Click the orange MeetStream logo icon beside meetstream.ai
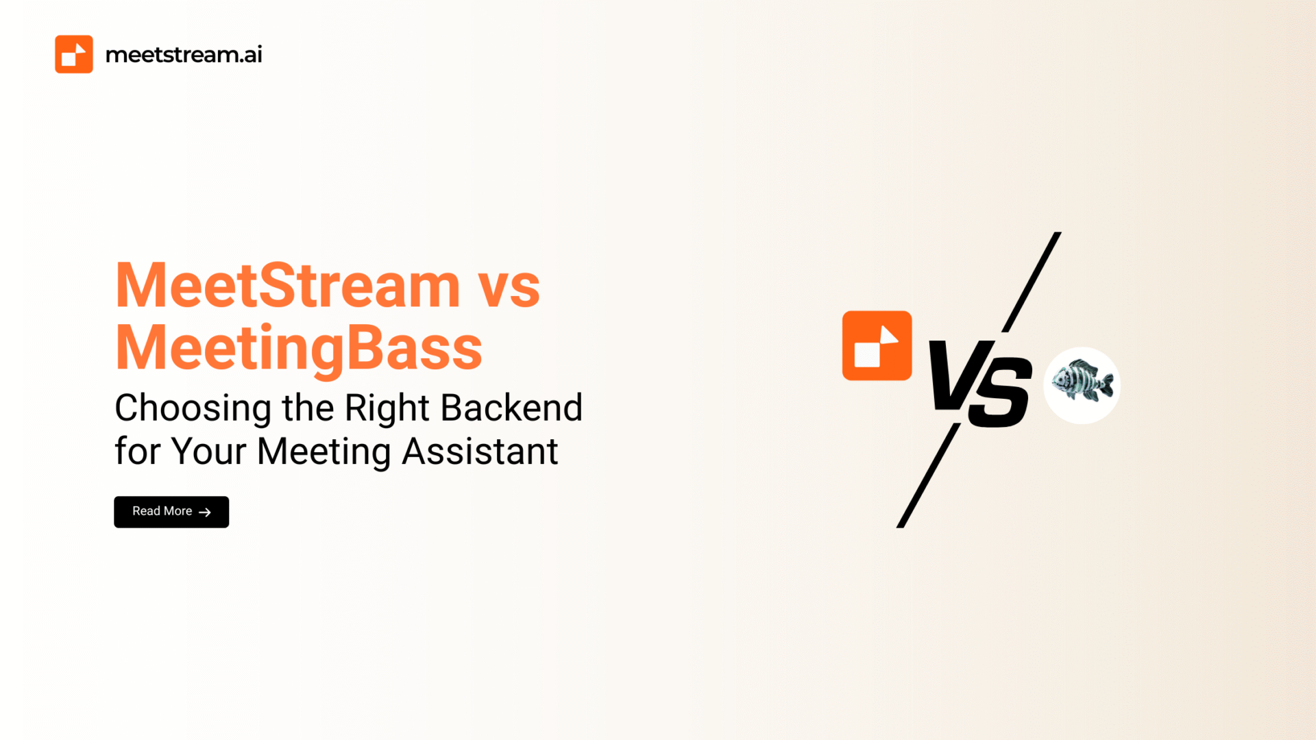click(74, 54)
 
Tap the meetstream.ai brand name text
click(184, 55)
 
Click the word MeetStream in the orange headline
click(288, 285)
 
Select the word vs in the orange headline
click(509, 289)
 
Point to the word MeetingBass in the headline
click(299, 348)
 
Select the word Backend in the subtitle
click(511, 408)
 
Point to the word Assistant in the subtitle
click(480, 452)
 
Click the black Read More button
click(171, 512)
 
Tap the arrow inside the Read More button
click(204, 512)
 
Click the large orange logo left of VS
click(877, 345)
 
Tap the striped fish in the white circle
click(1082, 381)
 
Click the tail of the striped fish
click(1105, 384)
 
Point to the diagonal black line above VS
click(1032, 282)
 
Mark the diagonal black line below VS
click(928, 476)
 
